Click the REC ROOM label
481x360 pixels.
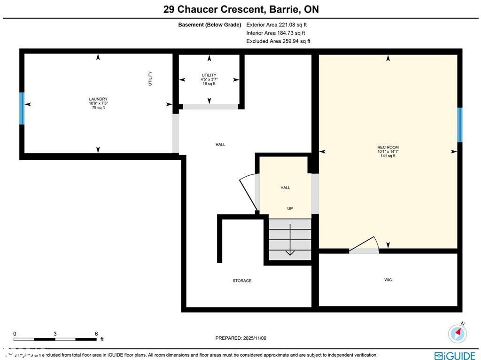point(388,147)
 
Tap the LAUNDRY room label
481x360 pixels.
point(98,99)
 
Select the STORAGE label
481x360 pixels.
point(242,281)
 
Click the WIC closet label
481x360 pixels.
point(388,280)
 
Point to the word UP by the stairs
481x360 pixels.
point(290,208)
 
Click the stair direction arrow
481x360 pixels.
point(290,240)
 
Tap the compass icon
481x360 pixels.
point(458,333)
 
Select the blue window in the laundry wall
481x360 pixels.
point(22,109)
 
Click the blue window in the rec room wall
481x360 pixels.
point(460,125)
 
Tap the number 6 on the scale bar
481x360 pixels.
point(96,334)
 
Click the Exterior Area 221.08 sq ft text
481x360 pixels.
point(277,25)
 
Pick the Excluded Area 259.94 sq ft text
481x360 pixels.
point(278,41)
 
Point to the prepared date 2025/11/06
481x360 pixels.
point(240,338)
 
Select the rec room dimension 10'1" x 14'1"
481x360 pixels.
point(388,151)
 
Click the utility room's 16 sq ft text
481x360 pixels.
point(209,84)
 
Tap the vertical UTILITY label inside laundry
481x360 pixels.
point(150,78)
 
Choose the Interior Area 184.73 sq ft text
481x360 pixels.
point(275,33)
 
